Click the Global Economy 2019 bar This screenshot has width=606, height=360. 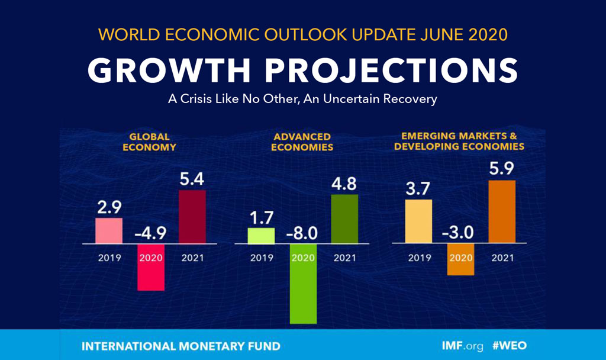(x=109, y=231)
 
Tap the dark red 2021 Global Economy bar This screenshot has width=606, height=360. (x=192, y=217)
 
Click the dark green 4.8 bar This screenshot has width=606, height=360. (x=344, y=218)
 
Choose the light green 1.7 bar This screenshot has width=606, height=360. (x=261, y=236)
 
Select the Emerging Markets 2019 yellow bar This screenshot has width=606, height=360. (x=418, y=221)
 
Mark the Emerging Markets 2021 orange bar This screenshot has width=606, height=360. (x=501, y=211)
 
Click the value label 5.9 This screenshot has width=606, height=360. (x=501, y=169)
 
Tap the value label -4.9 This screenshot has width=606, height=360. (x=150, y=232)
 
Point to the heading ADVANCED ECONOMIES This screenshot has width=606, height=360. (x=302, y=142)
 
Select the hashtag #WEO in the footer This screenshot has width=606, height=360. (x=510, y=345)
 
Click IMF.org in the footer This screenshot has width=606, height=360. (x=458, y=345)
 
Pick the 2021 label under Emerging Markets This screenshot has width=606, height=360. (x=502, y=259)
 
